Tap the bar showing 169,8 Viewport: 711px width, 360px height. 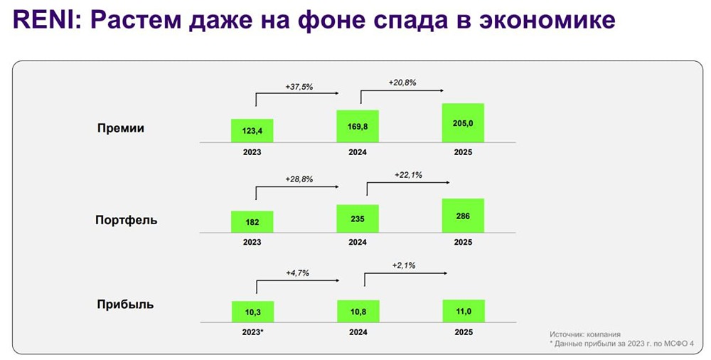pos(358,127)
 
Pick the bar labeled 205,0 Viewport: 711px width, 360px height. pos(463,123)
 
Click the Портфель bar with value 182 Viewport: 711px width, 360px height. pos(252,221)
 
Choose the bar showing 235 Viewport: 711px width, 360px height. pos(358,218)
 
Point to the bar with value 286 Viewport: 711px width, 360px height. pos(463,215)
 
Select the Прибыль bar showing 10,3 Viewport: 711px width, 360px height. pos(252,312)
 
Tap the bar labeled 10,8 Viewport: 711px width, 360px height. pos(358,311)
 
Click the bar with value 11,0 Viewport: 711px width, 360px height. pos(463,311)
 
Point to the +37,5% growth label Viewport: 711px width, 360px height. pos(299,87)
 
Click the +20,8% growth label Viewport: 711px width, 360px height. pos(402,83)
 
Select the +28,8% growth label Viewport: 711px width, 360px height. pos(299,178)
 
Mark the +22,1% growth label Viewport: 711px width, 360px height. pos(408,174)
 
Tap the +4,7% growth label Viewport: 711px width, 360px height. pos(297,272)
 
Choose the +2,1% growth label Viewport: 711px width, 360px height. pos(404,265)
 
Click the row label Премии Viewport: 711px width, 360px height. pos(121,129)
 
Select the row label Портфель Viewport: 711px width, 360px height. pos(127,220)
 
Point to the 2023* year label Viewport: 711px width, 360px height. pos(252,332)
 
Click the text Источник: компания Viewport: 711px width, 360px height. pos(584,334)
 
